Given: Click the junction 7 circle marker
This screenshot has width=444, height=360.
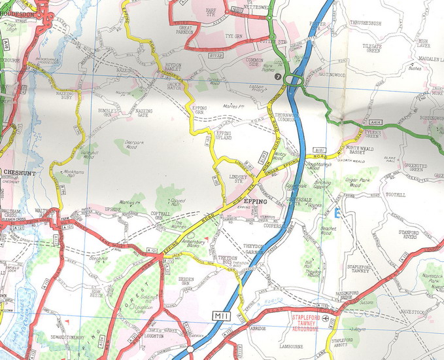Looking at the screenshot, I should pyautogui.click(x=279, y=77).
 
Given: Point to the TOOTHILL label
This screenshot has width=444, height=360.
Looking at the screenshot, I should pyautogui.click(x=396, y=194).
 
